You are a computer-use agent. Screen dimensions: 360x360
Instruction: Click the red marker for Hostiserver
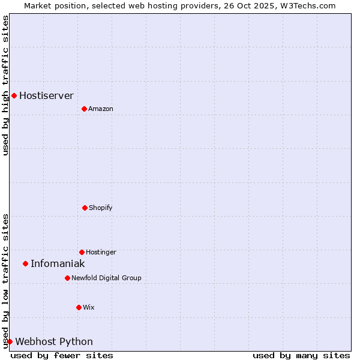(x=14, y=95)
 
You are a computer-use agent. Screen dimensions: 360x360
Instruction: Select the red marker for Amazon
(x=84, y=109)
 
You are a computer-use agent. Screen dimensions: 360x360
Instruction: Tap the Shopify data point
(x=85, y=208)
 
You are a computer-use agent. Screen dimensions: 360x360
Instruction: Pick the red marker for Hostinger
(x=82, y=252)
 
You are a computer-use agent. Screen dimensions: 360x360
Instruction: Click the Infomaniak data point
(x=25, y=263)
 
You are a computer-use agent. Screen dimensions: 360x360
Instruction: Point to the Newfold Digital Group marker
(x=67, y=278)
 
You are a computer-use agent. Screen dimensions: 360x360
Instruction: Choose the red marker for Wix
(x=79, y=307)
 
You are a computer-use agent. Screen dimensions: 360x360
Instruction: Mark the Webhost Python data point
(x=10, y=341)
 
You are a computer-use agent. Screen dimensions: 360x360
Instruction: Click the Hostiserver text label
(x=46, y=95)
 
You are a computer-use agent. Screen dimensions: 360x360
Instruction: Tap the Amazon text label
(x=101, y=109)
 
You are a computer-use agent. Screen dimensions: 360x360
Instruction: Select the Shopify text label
(x=101, y=208)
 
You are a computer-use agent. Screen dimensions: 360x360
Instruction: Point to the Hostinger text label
(x=101, y=252)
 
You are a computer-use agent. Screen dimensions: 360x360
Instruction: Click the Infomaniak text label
(x=58, y=263)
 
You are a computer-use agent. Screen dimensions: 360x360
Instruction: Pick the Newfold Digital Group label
(x=106, y=278)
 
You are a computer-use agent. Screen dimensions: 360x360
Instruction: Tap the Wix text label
(x=89, y=307)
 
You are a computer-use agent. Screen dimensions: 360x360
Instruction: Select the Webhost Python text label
(x=54, y=341)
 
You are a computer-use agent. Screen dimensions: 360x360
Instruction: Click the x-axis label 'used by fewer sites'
(x=62, y=355)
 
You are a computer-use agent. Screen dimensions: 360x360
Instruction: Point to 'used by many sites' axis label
(x=301, y=355)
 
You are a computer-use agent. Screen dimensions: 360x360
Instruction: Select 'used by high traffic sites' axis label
(x=5, y=85)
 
